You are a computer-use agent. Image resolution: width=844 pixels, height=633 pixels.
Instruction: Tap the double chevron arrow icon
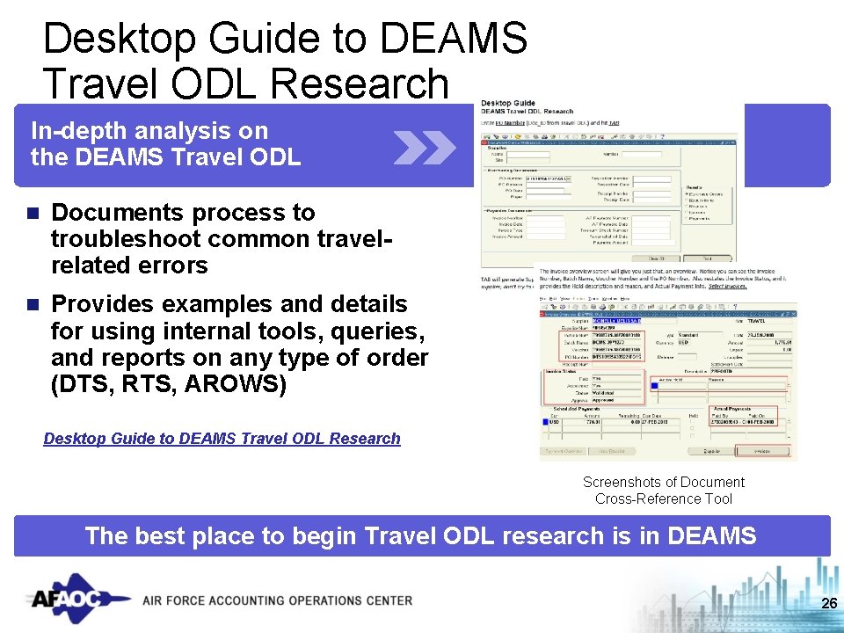pos(424,148)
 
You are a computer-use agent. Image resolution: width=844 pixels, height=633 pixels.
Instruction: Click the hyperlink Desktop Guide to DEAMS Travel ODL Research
pos(222,439)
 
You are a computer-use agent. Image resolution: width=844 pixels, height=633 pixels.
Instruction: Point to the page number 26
pos(827,603)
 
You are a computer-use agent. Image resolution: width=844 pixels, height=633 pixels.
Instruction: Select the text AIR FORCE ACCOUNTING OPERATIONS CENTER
pos(277,600)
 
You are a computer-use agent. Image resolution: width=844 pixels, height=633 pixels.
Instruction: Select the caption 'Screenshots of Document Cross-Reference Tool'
pos(663,491)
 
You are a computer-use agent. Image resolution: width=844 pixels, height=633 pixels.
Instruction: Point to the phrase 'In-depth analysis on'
pos(149,131)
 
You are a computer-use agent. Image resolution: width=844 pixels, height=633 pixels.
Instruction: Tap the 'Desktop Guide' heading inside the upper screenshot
pos(508,103)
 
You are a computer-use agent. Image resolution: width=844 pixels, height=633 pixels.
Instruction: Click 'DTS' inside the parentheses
pos(80,385)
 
